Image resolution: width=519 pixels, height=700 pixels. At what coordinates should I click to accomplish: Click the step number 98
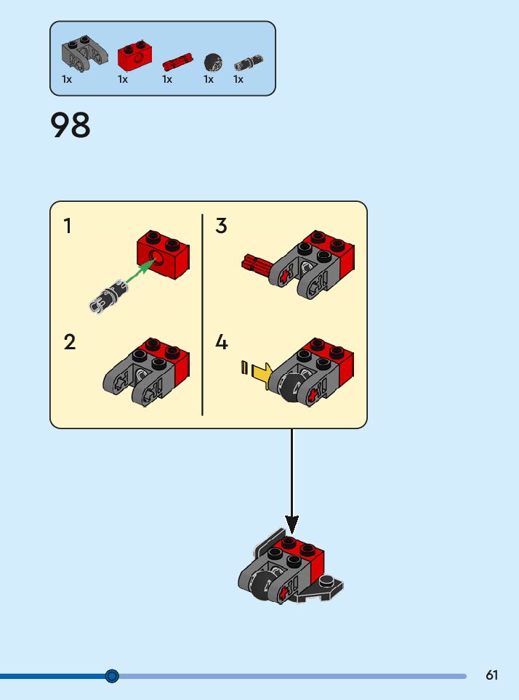point(71,125)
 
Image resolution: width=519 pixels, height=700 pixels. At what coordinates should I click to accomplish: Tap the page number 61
point(492,675)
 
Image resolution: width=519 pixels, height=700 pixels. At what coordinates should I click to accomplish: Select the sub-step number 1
point(68,227)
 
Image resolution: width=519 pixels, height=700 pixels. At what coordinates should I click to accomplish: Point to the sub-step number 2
point(69,342)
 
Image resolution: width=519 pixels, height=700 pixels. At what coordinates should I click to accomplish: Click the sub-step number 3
point(222,227)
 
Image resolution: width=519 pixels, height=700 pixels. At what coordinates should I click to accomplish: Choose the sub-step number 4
point(222,342)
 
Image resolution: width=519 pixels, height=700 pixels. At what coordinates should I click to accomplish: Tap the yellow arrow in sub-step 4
point(261,373)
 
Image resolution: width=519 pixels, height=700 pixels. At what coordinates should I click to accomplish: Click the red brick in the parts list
point(134,56)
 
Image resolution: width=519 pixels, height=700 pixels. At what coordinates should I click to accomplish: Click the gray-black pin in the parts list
point(248,63)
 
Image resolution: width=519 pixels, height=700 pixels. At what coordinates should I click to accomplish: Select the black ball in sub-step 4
point(288,388)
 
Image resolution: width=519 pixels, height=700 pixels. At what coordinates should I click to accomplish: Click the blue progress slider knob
point(112,676)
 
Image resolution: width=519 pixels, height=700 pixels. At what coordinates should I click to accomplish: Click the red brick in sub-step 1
point(164,253)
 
